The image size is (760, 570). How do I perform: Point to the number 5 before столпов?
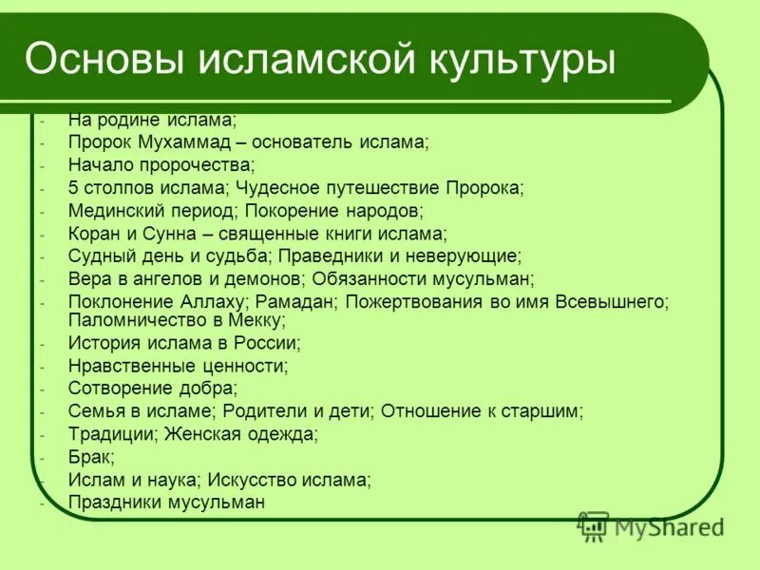tap(73, 188)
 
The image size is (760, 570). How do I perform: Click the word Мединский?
tap(113, 211)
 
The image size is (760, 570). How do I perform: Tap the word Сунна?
tap(169, 234)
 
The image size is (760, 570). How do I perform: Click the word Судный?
tap(99, 256)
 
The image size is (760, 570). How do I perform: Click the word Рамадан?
tap(295, 302)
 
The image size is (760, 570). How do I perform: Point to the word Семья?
tap(95, 411)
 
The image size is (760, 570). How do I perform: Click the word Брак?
tap(89, 457)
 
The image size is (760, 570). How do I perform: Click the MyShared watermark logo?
tap(652, 525)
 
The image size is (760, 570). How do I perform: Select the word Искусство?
tap(255, 480)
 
